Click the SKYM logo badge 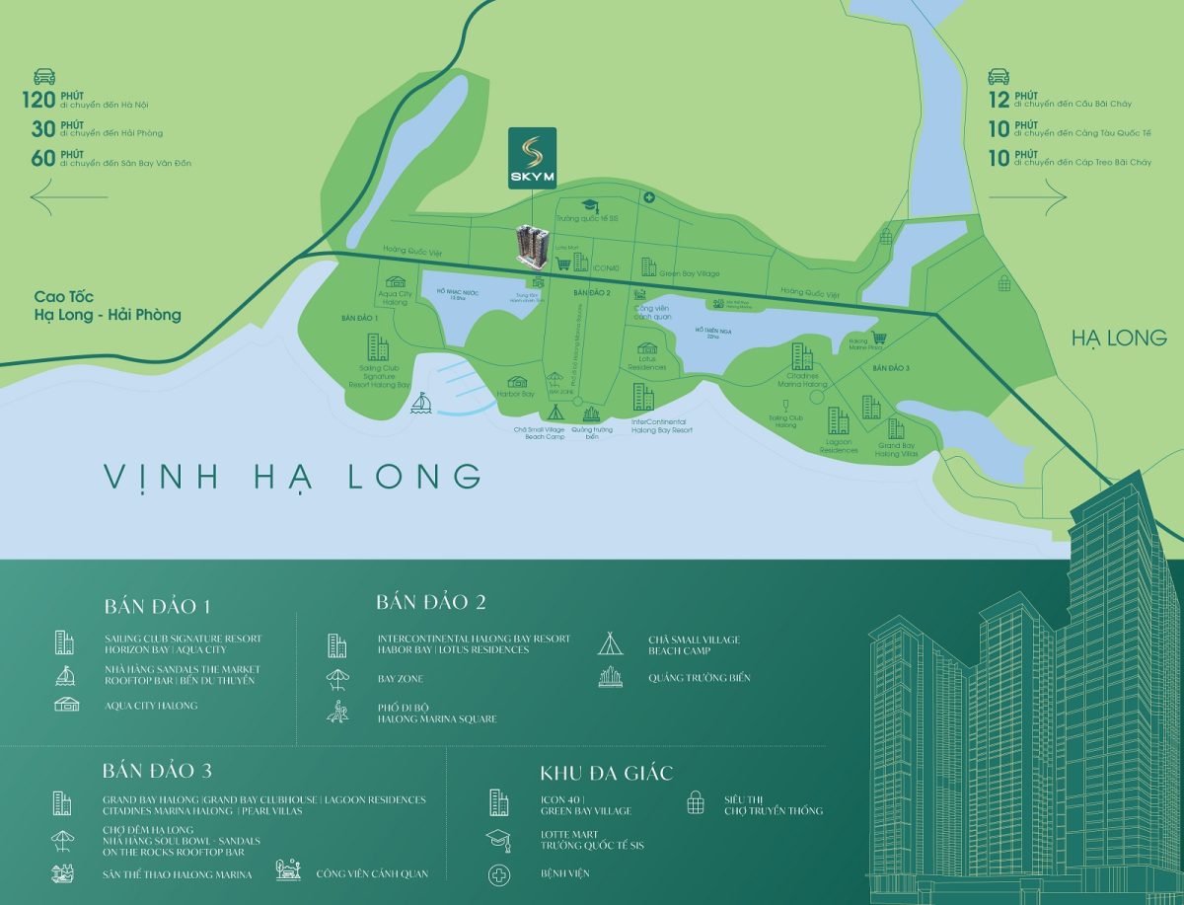click(x=532, y=159)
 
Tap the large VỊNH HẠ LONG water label click(x=293, y=476)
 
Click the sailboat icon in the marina click(x=421, y=405)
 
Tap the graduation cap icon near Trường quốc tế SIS click(x=590, y=204)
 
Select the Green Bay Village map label click(x=689, y=273)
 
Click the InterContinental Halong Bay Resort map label click(x=661, y=425)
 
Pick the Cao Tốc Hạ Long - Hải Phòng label click(x=107, y=305)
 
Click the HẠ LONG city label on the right click(x=1119, y=339)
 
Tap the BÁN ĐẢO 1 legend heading click(x=158, y=607)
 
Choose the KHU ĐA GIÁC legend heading click(x=607, y=773)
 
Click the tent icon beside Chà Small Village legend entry click(x=610, y=644)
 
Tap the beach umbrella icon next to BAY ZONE click(x=337, y=679)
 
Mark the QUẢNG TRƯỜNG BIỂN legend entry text click(x=699, y=678)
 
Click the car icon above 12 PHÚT click(x=998, y=76)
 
